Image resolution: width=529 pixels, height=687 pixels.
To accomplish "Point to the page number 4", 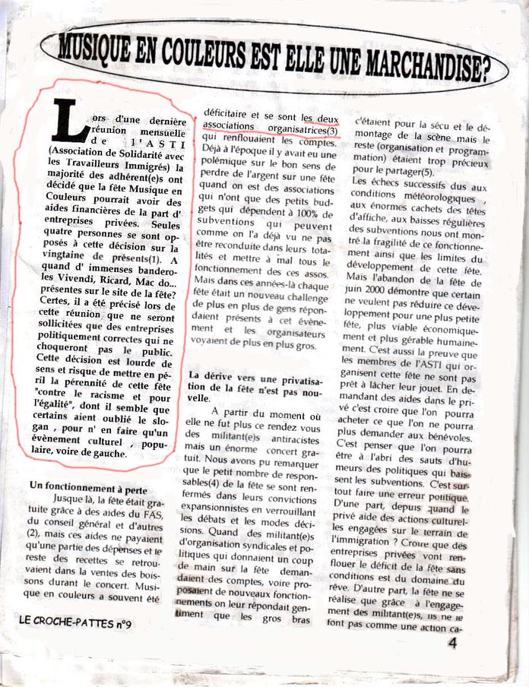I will coord(452,643).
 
